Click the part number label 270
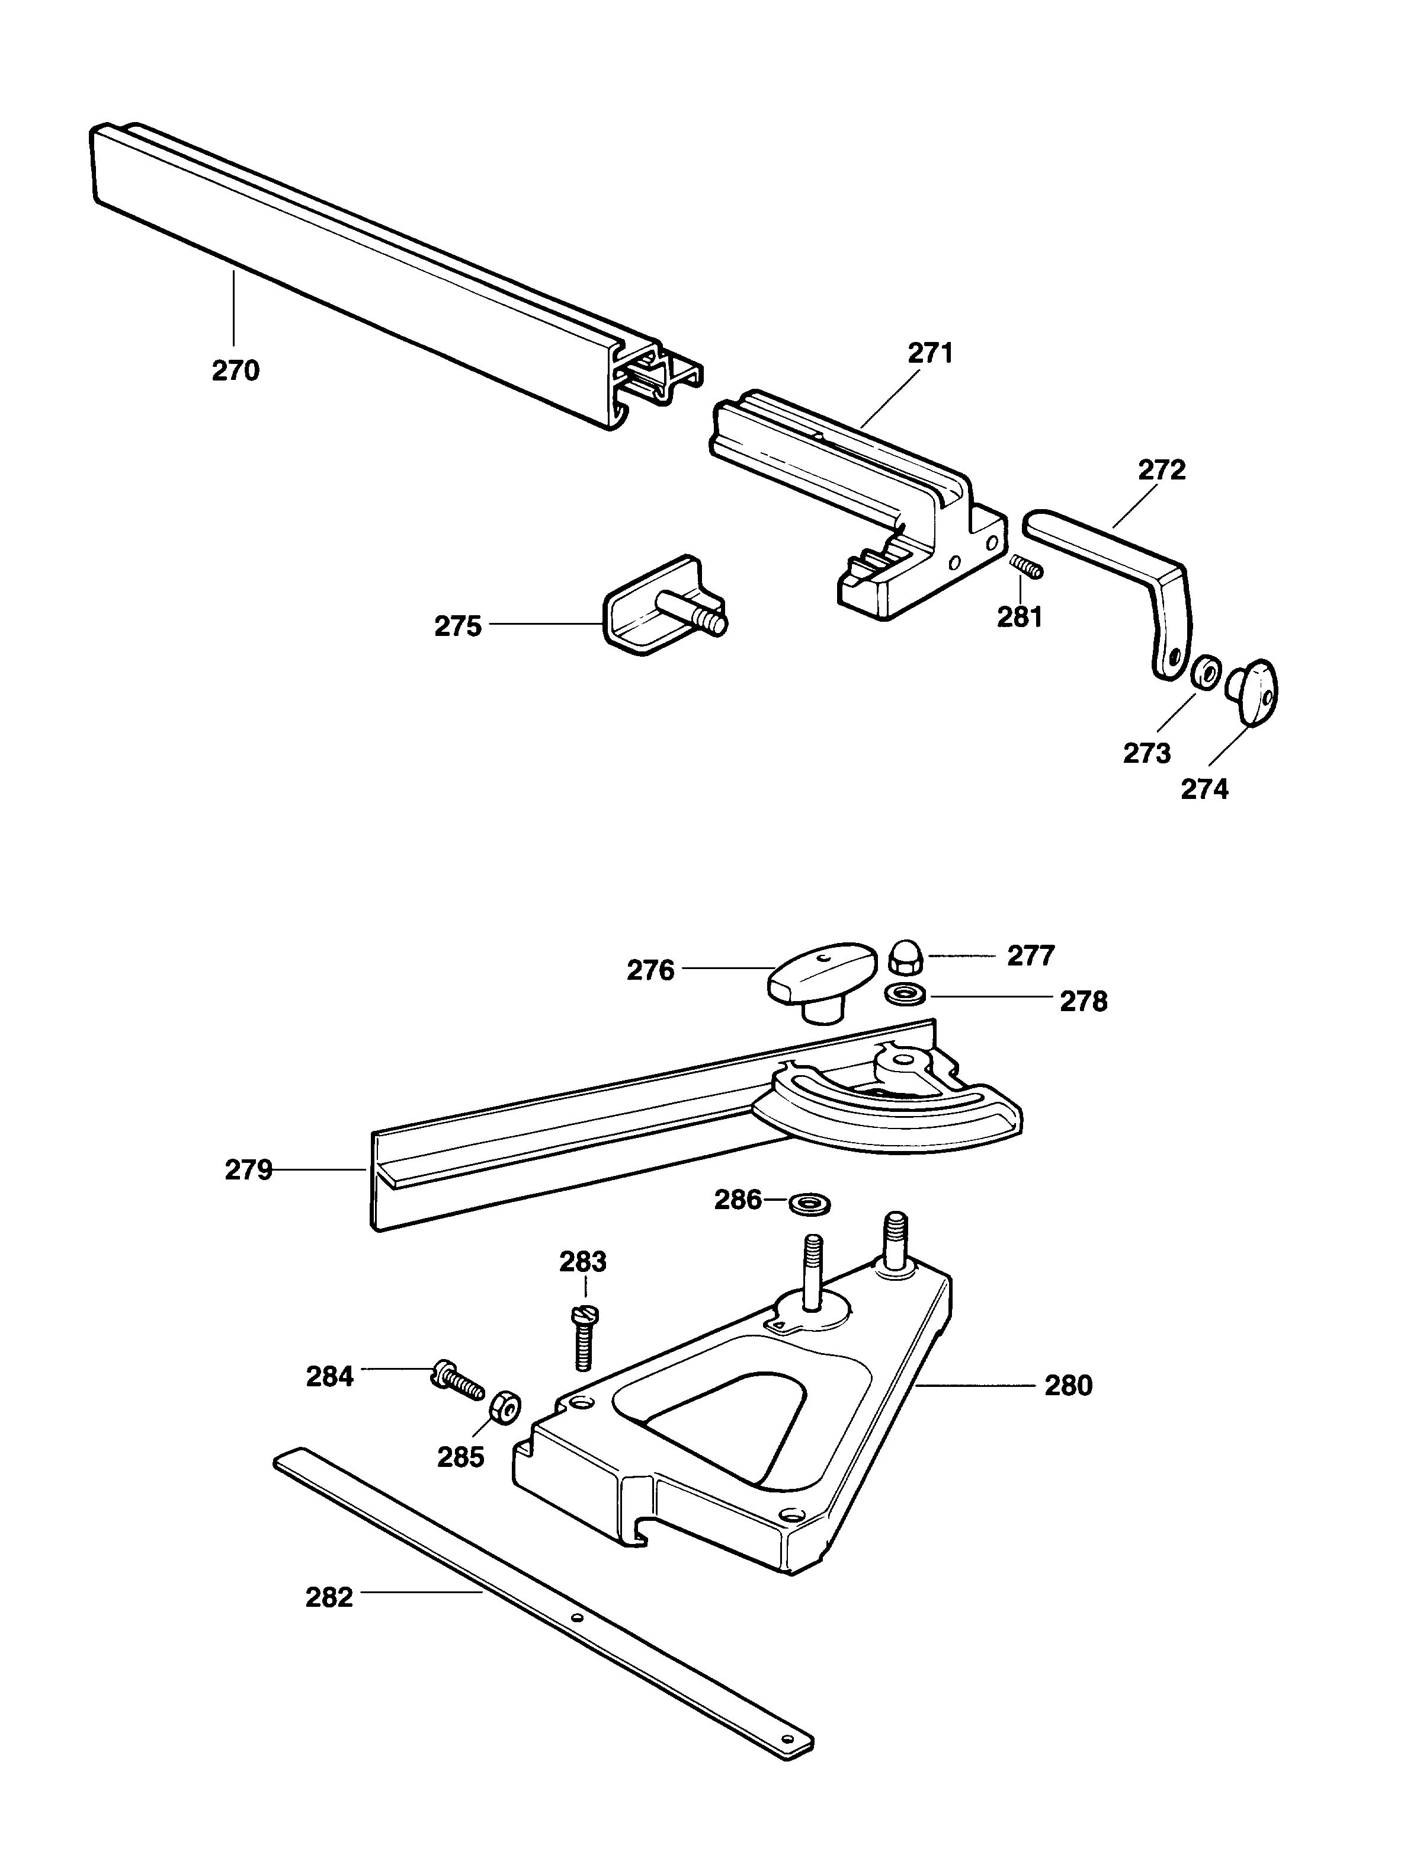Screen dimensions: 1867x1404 [235, 370]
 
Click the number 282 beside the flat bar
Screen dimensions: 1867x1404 [329, 1598]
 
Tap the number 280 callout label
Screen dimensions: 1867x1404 [1068, 1386]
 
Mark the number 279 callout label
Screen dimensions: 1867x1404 [248, 1171]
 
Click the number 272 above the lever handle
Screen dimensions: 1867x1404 [1162, 470]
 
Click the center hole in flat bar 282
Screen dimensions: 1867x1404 [577, 1618]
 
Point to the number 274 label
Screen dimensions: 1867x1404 [1204, 789]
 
